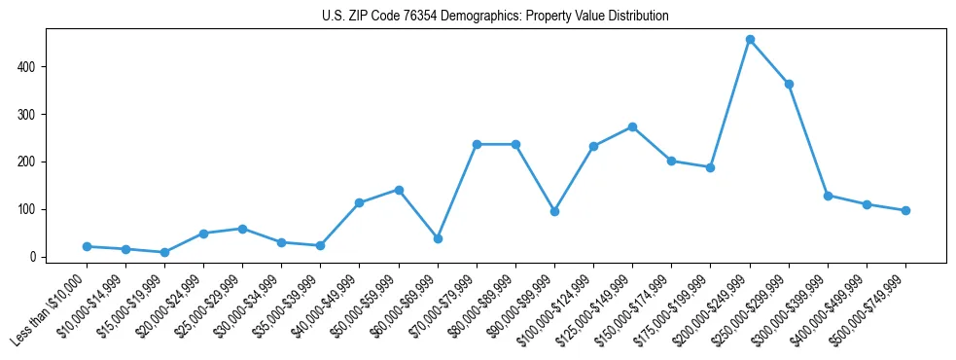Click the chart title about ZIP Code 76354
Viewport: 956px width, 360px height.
coord(495,17)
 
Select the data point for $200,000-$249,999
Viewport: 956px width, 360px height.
coord(750,40)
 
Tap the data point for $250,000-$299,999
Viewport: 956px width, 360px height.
coord(789,84)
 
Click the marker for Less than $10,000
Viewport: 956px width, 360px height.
coord(87,246)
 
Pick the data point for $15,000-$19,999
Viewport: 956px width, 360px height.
coord(164,252)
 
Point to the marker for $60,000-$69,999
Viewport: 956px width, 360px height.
coord(438,238)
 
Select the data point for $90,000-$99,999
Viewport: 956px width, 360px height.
coord(554,211)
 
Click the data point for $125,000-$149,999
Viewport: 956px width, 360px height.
coord(632,126)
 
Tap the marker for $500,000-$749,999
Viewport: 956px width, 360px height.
coord(905,210)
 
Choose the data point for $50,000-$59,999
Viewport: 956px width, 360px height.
coord(399,190)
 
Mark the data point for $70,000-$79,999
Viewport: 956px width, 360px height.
coord(477,144)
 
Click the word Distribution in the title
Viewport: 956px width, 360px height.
coord(638,17)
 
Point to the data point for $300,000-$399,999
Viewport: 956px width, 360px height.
coord(828,196)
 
